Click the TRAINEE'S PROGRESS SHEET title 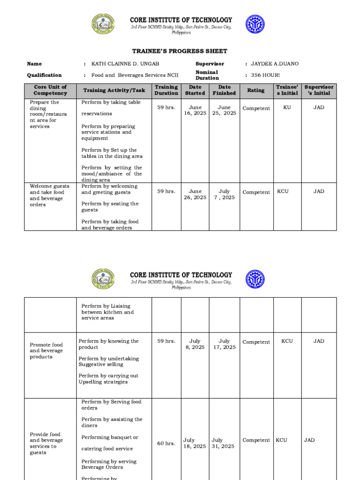pos(180,51)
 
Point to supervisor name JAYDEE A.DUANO pos(275,64)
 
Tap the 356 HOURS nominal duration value pos(265,75)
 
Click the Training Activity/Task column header pos(114,90)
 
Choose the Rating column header pos(256,90)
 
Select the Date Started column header pos(195,90)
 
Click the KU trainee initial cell pos(287,107)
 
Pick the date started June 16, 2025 pos(195,110)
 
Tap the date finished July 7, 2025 pos(225,195)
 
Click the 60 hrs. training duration pos(166,443)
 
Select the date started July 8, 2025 pos(195,344)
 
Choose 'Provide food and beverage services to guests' pos(46,443)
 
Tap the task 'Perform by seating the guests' pos(110,207)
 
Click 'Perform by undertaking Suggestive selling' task pos(109,361)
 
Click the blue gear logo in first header pos(255,24)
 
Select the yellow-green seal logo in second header pos(104,279)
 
